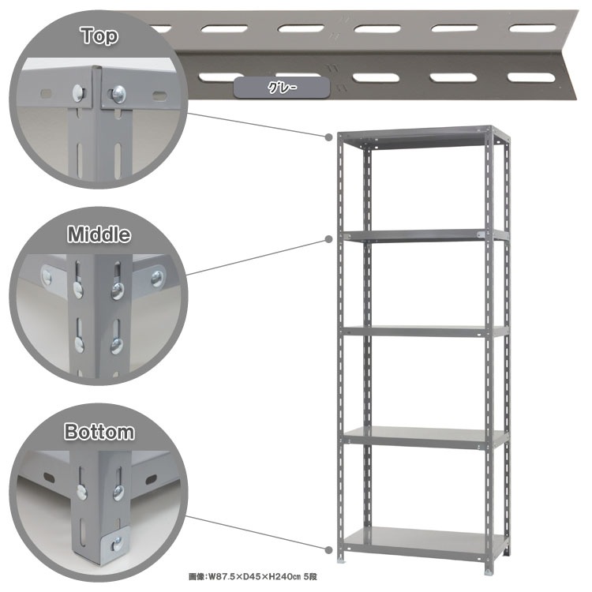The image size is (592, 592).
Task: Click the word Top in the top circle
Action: point(99,36)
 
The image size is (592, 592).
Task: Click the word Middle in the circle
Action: point(99,234)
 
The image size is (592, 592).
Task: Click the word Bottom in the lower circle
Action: point(99,432)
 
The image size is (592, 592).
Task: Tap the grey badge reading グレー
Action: point(282,88)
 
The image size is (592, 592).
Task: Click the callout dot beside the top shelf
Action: point(329,137)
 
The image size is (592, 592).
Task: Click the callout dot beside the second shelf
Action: point(329,239)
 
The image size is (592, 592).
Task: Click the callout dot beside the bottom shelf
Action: point(329,549)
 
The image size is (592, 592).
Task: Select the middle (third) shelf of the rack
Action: point(425,332)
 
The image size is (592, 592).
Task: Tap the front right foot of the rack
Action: point(489,572)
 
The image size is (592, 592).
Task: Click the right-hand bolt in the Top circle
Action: point(118,93)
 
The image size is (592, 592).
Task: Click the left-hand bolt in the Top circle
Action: point(78,93)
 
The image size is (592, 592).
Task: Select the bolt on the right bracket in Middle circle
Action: point(157,279)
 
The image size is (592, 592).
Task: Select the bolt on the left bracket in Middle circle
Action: point(47,277)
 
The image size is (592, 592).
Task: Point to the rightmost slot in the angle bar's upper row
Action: point(532,28)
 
